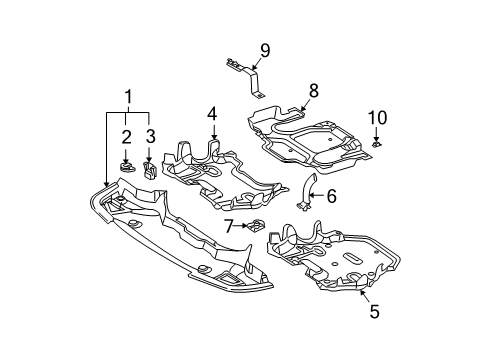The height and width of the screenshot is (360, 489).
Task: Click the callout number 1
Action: tap(129, 97)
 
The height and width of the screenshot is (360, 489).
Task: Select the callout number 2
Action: tap(126, 137)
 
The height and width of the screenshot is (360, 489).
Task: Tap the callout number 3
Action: tap(151, 137)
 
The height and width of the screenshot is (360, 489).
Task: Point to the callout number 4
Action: tap(212, 114)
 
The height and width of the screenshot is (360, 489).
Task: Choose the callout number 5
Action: tap(375, 312)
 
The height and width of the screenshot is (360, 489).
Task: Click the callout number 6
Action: tap(331, 196)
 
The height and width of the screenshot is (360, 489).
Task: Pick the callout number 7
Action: tap(228, 226)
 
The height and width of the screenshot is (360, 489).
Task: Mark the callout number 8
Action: tap(314, 91)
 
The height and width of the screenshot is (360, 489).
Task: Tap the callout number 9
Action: tap(265, 51)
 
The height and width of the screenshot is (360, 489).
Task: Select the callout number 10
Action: tap(378, 118)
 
